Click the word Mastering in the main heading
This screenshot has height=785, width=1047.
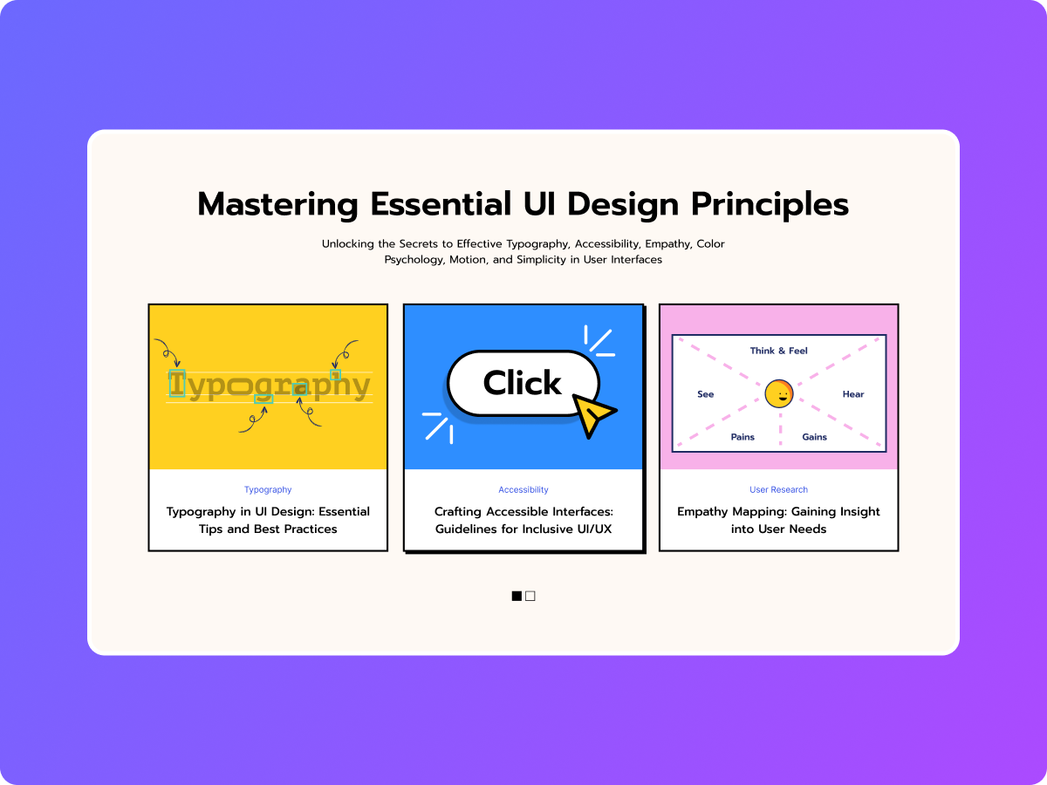click(277, 205)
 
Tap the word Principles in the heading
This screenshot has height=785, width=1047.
click(770, 205)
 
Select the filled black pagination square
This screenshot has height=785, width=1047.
click(517, 596)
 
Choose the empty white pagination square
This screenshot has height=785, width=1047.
click(530, 596)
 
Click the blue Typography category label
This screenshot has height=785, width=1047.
click(268, 490)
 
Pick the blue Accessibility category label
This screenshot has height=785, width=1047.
click(523, 489)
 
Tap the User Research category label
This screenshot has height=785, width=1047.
click(778, 489)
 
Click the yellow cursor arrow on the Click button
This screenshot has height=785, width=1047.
click(593, 414)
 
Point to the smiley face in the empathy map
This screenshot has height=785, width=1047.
click(779, 393)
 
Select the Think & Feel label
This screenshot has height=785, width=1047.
click(778, 351)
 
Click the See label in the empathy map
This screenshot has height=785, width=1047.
click(706, 394)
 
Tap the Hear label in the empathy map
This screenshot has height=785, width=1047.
click(852, 394)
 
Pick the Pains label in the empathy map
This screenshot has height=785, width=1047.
click(742, 437)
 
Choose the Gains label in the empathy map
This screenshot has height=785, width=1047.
click(814, 437)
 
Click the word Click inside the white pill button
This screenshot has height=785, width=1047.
click(522, 383)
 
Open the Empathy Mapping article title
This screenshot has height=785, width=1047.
click(778, 520)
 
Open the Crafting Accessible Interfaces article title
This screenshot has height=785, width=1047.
click(523, 520)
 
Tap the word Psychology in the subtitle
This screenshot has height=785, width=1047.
click(414, 260)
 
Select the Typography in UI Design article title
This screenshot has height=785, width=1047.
click(268, 520)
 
